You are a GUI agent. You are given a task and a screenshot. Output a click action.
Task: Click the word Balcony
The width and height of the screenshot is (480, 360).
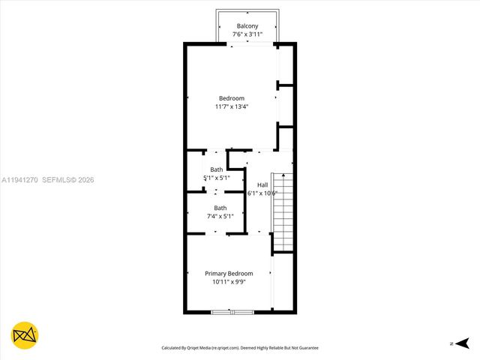click(247, 25)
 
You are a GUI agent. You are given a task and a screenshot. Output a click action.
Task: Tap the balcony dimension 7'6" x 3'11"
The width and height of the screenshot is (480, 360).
click(247, 34)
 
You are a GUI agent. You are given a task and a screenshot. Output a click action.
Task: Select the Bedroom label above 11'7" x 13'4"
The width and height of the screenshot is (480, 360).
click(232, 98)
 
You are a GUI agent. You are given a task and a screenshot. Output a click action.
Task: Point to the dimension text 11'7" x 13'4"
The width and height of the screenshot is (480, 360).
click(232, 107)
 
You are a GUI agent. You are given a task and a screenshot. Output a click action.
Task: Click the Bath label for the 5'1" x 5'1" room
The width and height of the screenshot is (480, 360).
click(217, 169)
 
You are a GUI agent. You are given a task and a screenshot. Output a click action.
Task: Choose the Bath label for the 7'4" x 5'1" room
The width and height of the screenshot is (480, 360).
click(220, 208)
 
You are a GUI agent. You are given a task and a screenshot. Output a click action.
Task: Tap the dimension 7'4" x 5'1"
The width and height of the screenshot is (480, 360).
click(220, 217)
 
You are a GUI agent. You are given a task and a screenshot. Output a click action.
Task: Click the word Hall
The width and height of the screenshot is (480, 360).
click(262, 184)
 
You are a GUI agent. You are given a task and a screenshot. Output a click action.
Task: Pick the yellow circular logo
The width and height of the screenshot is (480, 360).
click(25, 335)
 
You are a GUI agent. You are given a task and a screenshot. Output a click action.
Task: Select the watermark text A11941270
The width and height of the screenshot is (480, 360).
click(19, 180)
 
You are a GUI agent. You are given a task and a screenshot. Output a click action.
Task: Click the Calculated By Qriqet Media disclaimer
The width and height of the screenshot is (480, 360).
click(240, 348)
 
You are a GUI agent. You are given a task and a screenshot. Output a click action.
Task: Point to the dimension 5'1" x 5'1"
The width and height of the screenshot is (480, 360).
click(217, 178)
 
